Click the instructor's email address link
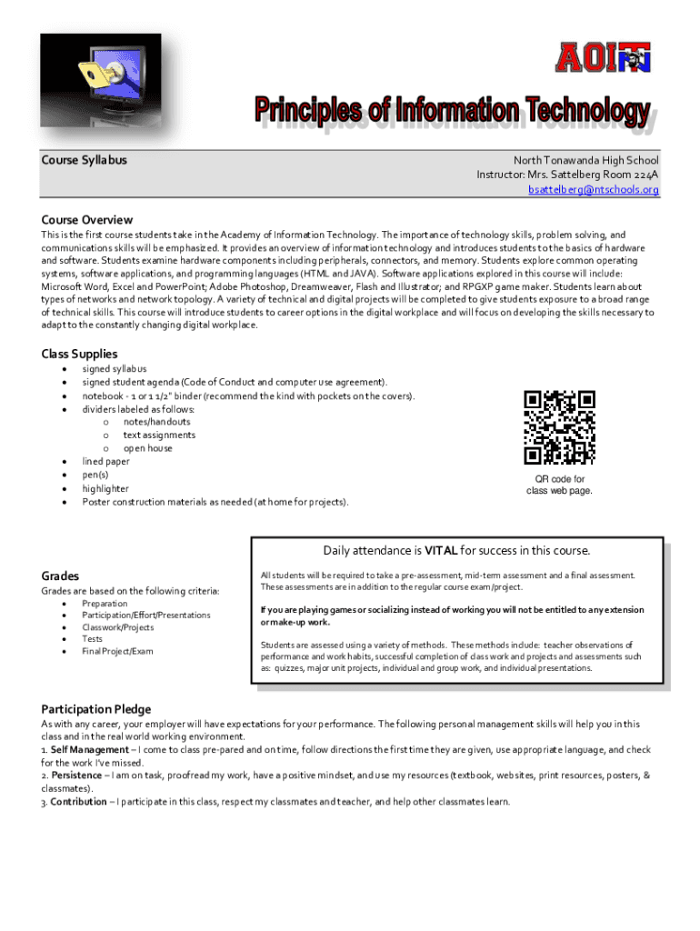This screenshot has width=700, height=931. click(594, 190)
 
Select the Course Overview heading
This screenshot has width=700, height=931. click(87, 220)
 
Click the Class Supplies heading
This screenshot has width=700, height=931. click(79, 354)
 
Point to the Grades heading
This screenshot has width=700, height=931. click(60, 576)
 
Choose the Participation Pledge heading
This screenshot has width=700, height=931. click(96, 709)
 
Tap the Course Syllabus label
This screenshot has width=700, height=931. click(84, 160)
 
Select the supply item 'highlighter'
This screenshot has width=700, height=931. click(105, 488)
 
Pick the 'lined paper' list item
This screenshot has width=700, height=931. click(105, 461)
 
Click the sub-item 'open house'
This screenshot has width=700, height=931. click(147, 448)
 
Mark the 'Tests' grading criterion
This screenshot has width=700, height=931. click(92, 639)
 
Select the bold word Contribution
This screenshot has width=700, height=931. click(80, 802)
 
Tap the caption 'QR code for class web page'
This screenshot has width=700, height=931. click(559, 486)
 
